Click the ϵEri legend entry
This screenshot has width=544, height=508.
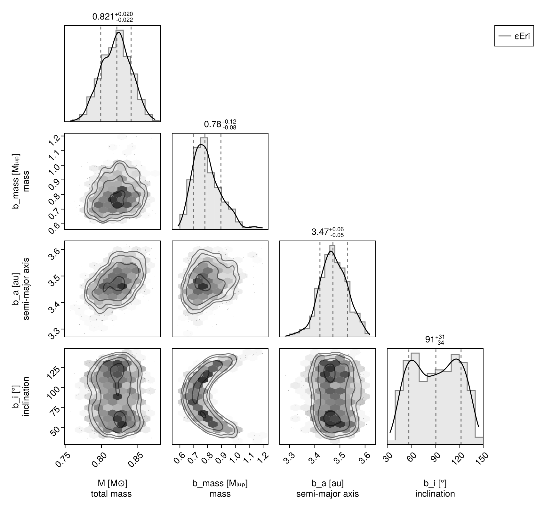pos(514,36)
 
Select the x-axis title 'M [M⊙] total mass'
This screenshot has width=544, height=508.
pos(111,488)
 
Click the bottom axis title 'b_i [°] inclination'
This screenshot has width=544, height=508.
pos(435,488)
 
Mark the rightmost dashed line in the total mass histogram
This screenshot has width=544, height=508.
pos(131,73)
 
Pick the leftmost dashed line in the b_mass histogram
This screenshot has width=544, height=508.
pos(194,181)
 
